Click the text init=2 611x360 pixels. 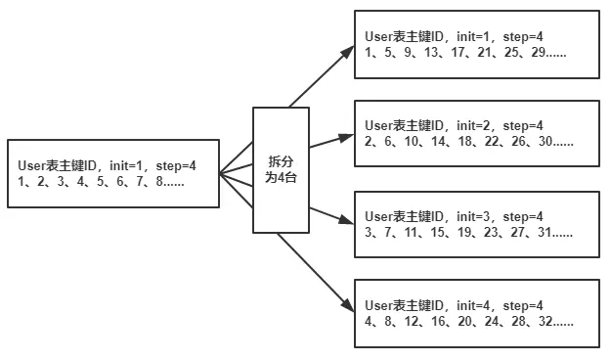(473, 125)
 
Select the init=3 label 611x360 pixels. (473, 215)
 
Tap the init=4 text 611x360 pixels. (473, 305)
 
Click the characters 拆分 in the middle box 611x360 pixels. (282, 160)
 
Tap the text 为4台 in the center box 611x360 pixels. (282, 177)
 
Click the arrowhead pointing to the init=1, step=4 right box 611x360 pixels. (346, 51)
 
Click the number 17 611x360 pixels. (454, 52)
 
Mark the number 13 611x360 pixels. (430, 52)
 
